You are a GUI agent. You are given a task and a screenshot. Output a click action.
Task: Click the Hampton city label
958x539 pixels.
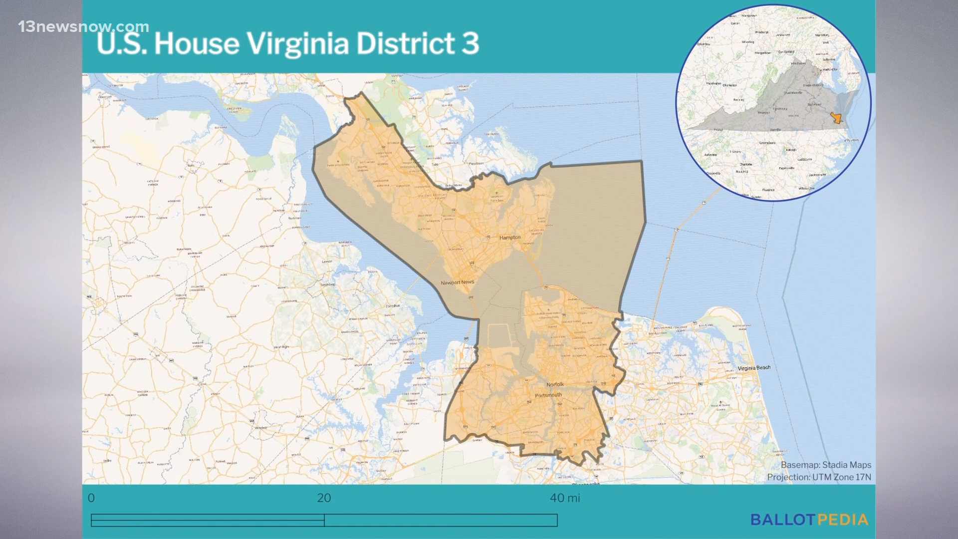point(509,238)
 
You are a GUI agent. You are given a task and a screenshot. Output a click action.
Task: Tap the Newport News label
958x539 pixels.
point(457,282)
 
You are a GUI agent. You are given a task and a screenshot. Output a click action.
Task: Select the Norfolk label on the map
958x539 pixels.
point(555,384)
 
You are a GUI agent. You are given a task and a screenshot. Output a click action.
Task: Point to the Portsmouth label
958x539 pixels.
point(548,395)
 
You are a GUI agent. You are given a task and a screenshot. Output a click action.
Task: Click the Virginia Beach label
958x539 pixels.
point(753,368)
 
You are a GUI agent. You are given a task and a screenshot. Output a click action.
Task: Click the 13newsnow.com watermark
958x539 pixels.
point(83,26)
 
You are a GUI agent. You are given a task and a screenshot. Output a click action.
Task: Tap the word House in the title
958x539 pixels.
point(197,43)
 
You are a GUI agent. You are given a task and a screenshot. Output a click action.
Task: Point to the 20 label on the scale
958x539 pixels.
point(324,498)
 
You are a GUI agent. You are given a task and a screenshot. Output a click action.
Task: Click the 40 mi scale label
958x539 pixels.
point(565,498)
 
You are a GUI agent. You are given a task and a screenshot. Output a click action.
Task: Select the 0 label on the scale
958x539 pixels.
point(91,498)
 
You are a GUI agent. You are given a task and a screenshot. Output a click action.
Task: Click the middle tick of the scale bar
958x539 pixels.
point(324,521)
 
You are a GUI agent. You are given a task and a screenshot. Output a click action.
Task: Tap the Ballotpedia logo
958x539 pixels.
point(809,520)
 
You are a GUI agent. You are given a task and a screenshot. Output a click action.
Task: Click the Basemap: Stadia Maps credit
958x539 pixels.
point(825,465)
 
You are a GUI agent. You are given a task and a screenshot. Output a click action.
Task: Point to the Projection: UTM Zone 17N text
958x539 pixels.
point(819,477)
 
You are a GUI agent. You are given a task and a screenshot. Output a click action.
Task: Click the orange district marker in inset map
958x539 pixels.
point(836,118)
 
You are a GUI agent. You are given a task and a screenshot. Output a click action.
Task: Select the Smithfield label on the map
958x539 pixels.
point(327,284)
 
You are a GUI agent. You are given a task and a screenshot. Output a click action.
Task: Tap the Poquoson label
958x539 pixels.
point(476,163)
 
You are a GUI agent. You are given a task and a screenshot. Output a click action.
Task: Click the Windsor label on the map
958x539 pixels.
point(261,428)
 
